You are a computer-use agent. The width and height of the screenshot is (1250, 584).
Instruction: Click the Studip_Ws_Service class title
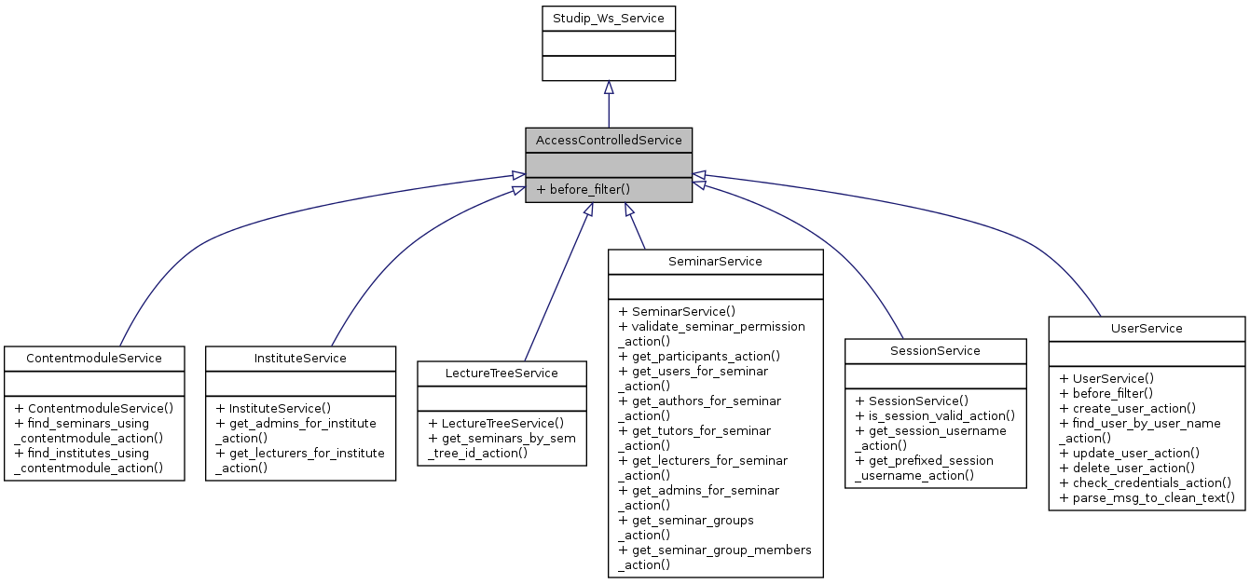pyautogui.click(x=608, y=18)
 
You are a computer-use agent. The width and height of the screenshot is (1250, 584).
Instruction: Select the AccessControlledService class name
pyautogui.click(x=608, y=140)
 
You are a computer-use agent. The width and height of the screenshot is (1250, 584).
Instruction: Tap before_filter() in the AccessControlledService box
pyautogui.click(x=589, y=189)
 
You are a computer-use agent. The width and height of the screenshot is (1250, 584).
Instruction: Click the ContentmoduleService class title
pyautogui.click(x=93, y=358)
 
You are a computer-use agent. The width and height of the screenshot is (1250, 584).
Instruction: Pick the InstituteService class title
pyautogui.click(x=300, y=358)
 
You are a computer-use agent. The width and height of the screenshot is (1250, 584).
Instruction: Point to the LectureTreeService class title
pyautogui.click(x=501, y=373)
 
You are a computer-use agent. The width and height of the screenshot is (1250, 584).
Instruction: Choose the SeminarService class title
pyautogui.click(x=715, y=261)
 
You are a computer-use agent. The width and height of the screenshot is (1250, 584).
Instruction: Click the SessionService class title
pyautogui.click(x=935, y=350)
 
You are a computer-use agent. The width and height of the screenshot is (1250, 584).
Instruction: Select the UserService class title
pyautogui.click(x=1146, y=328)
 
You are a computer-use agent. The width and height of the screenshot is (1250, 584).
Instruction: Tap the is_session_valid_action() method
pyautogui.click(x=935, y=415)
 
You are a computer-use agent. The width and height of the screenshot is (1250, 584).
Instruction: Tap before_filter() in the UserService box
pyautogui.click(x=1106, y=393)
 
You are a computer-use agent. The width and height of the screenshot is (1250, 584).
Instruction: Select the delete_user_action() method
pyautogui.click(x=1127, y=468)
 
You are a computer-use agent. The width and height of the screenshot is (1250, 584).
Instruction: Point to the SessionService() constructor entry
pyautogui.click(x=917, y=401)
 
